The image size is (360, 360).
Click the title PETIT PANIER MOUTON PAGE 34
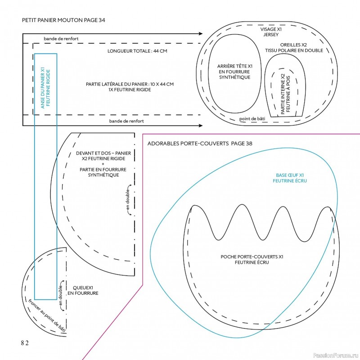(x=63, y=20)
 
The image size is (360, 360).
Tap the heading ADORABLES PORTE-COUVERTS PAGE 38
(x=200, y=144)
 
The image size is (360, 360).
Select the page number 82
(x=24, y=343)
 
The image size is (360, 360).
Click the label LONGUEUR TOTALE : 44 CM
(x=137, y=51)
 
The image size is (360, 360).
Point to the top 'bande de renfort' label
(x=61, y=39)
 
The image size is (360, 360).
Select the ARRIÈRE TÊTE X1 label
(x=234, y=72)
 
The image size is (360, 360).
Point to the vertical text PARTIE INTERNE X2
(x=283, y=94)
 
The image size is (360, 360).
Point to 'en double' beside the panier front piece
(x=128, y=200)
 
